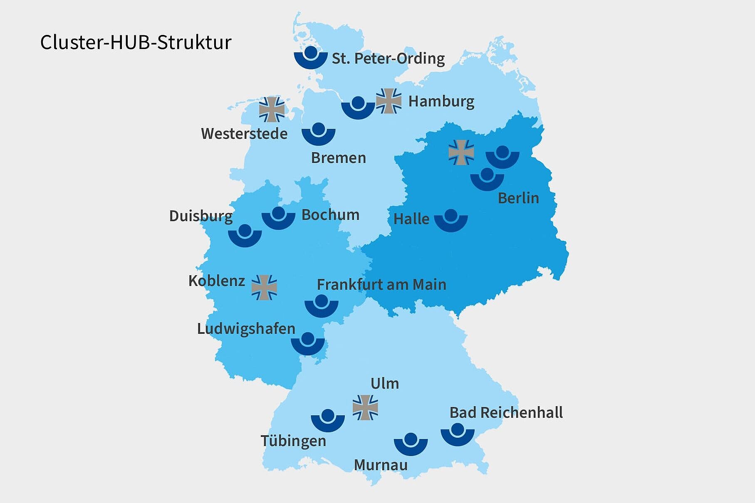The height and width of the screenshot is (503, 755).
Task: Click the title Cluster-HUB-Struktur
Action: click(136, 42)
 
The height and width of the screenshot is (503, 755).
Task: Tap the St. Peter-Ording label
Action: click(388, 59)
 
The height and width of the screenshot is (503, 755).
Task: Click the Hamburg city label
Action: click(441, 101)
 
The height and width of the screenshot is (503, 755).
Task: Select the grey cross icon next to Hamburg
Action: click(389, 101)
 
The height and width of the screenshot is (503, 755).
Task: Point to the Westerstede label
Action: click(244, 134)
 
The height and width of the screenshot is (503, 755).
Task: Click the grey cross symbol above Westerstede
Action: click(272, 109)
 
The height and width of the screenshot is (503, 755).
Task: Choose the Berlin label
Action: click(518, 198)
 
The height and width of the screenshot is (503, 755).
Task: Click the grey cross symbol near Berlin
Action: click(461, 152)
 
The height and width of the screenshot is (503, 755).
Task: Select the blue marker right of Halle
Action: click(451, 220)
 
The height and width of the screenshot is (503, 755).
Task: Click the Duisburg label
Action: click(201, 216)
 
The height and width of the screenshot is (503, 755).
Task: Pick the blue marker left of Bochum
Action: click(278, 218)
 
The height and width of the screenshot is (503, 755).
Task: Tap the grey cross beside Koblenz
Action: click(264, 287)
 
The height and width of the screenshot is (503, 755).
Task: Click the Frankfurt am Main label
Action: click(381, 285)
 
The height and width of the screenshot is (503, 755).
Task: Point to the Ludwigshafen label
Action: click(246, 329)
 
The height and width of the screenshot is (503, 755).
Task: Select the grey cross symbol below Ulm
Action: click(365, 407)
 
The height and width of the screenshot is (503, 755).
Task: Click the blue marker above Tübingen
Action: click(328, 420)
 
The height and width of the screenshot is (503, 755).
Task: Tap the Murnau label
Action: click(381, 465)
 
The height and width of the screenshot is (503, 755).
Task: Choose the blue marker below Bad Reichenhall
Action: click(458, 434)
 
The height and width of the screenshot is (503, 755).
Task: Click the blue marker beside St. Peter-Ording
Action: click(311, 57)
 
